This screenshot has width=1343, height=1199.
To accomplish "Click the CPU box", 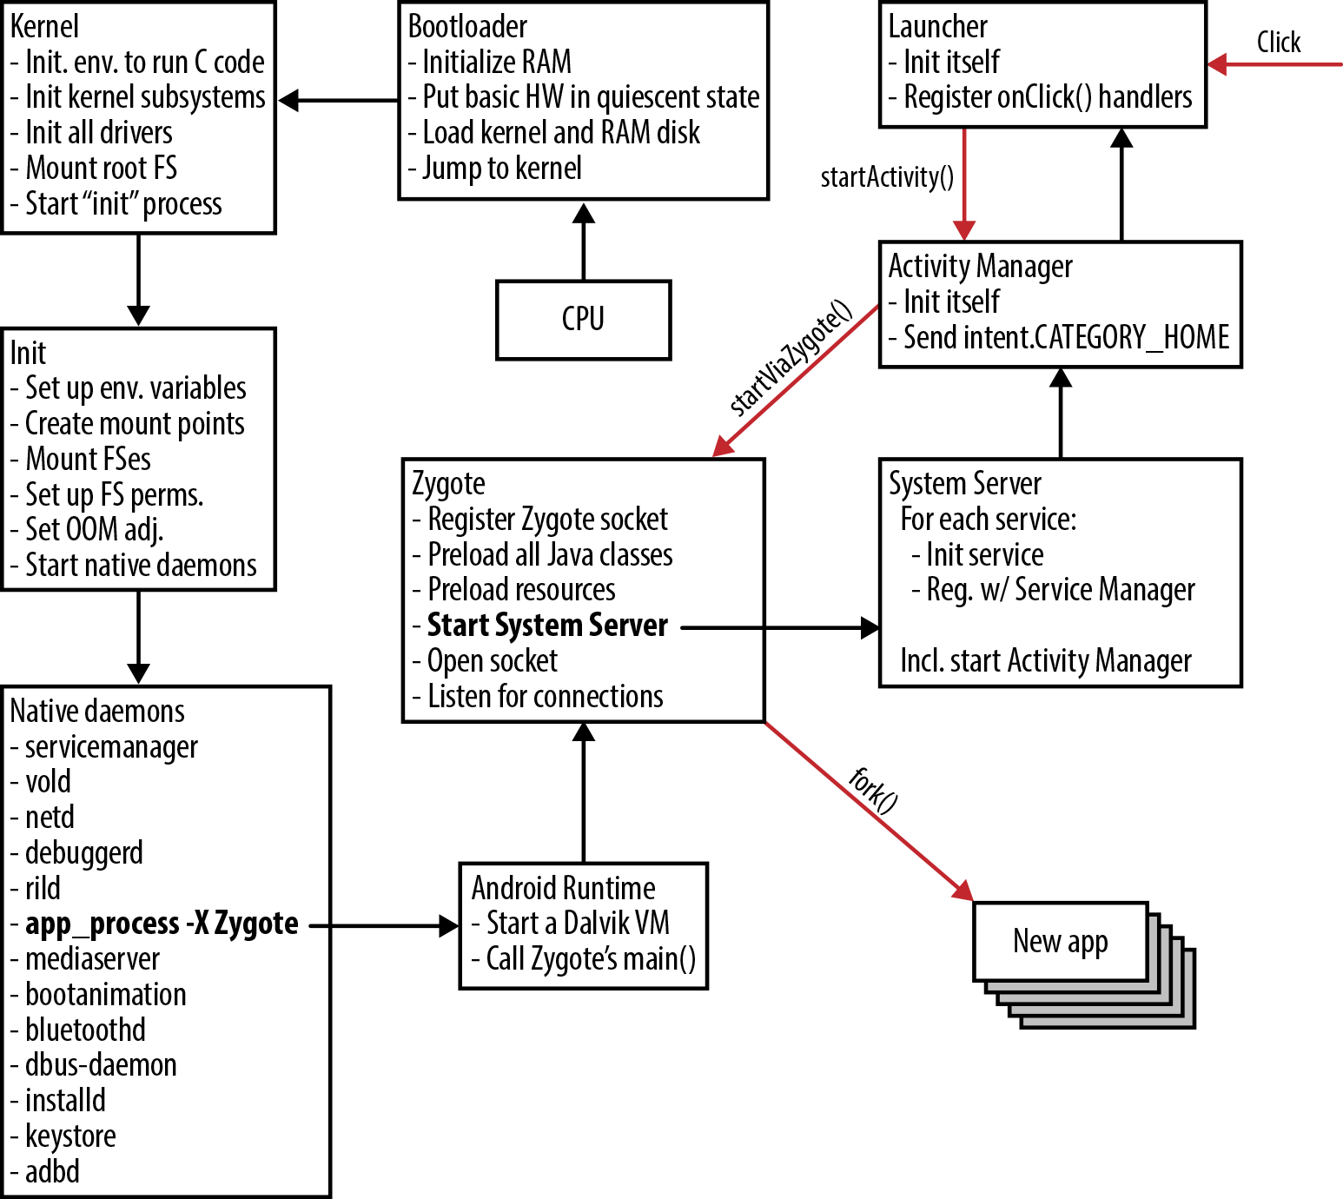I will [x=583, y=319].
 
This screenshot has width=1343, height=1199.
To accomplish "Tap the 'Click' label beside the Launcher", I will [x=1278, y=43].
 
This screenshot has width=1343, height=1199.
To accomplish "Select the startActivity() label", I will [x=887, y=177].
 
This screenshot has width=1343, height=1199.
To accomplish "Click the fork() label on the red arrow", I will [x=873, y=790].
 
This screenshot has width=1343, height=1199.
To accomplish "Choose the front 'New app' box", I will [x=1060, y=942].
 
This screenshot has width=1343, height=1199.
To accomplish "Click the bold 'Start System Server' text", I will [x=547, y=626].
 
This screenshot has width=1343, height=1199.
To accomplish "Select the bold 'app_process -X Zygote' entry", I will [x=162, y=924].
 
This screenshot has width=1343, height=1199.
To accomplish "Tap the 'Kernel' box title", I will [x=44, y=27].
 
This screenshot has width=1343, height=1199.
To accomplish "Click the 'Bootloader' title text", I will [x=467, y=27].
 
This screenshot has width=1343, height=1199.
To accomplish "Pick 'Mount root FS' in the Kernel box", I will [x=101, y=168].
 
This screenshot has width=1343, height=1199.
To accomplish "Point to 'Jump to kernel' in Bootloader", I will [x=501, y=168].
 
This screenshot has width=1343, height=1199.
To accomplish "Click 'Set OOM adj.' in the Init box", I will [x=94, y=529].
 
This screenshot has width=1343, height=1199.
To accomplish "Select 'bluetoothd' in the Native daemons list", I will [x=85, y=1030].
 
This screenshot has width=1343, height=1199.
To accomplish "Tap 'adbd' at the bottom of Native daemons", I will [x=52, y=1171].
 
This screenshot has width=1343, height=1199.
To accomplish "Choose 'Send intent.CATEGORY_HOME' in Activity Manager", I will [x=1066, y=337].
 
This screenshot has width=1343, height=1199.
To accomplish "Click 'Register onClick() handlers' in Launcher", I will [x=1048, y=97].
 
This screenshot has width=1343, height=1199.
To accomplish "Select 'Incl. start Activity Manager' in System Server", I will [x=1046, y=661].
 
